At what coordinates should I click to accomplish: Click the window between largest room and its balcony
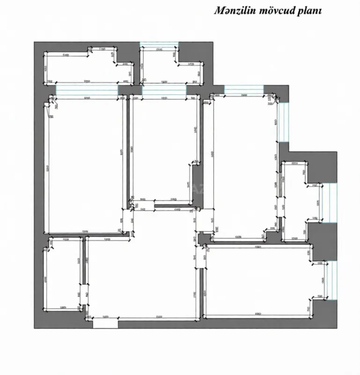87,90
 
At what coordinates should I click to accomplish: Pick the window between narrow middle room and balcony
164,90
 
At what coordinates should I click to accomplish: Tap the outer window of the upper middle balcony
159,45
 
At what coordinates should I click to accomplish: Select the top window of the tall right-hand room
243,89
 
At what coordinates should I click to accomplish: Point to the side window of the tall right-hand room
283,122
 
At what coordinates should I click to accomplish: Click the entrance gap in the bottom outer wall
105,323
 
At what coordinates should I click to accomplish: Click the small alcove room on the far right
300,202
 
